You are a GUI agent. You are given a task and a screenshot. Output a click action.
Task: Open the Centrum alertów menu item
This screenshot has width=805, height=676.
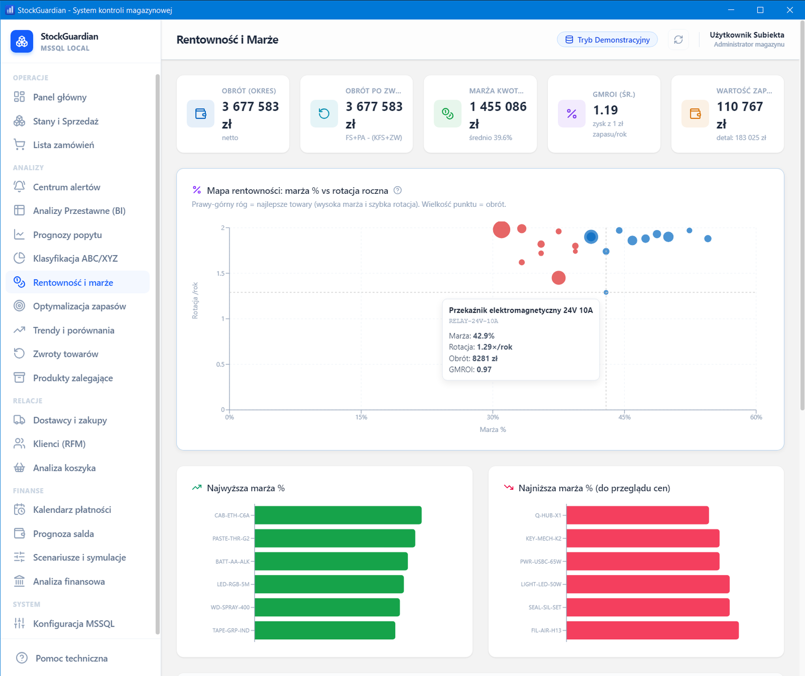pos(66,187)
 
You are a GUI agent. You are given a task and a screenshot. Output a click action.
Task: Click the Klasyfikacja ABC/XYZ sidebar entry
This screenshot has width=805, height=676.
pos(75,259)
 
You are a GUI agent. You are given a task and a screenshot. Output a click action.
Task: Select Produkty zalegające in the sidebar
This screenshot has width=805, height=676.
pos(72,378)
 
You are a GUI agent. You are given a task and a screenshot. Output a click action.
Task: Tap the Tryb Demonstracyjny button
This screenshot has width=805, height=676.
pos(607,40)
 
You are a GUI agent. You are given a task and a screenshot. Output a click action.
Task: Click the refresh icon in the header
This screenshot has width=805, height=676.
pos(678,40)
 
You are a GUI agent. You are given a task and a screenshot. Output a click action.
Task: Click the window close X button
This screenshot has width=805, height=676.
pos(790,10)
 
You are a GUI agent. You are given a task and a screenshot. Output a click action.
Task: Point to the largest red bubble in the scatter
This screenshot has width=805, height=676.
pos(502,230)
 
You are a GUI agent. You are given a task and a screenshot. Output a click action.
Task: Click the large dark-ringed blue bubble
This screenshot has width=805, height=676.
pos(591,237)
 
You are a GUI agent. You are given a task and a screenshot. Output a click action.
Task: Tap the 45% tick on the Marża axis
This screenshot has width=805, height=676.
pos(624,417)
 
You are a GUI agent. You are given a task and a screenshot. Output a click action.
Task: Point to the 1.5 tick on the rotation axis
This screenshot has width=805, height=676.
pos(221,273)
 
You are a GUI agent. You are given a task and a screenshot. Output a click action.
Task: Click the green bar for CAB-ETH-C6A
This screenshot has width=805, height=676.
pos(338,515)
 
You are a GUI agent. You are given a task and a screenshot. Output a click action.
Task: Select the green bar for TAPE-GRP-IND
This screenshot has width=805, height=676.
pos(325,630)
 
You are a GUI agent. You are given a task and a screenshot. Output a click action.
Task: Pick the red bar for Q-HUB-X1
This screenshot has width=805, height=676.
pos(638,515)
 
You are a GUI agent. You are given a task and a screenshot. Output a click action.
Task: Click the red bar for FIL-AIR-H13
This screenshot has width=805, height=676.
pos(653,630)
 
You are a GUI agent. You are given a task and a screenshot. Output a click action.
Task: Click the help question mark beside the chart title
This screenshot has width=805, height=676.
pos(397,190)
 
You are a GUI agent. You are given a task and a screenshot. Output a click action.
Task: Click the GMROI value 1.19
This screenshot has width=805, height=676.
pos(605,110)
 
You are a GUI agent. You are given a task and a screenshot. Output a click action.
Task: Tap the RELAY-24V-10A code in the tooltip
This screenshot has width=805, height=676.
pos(473,321)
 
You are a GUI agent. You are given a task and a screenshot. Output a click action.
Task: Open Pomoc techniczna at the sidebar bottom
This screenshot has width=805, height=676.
pos(71,658)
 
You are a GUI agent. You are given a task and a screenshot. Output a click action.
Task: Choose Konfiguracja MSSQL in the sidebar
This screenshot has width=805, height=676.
pos(73,624)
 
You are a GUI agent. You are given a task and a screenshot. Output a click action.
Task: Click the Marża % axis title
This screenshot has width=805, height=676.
pos(493,429)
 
